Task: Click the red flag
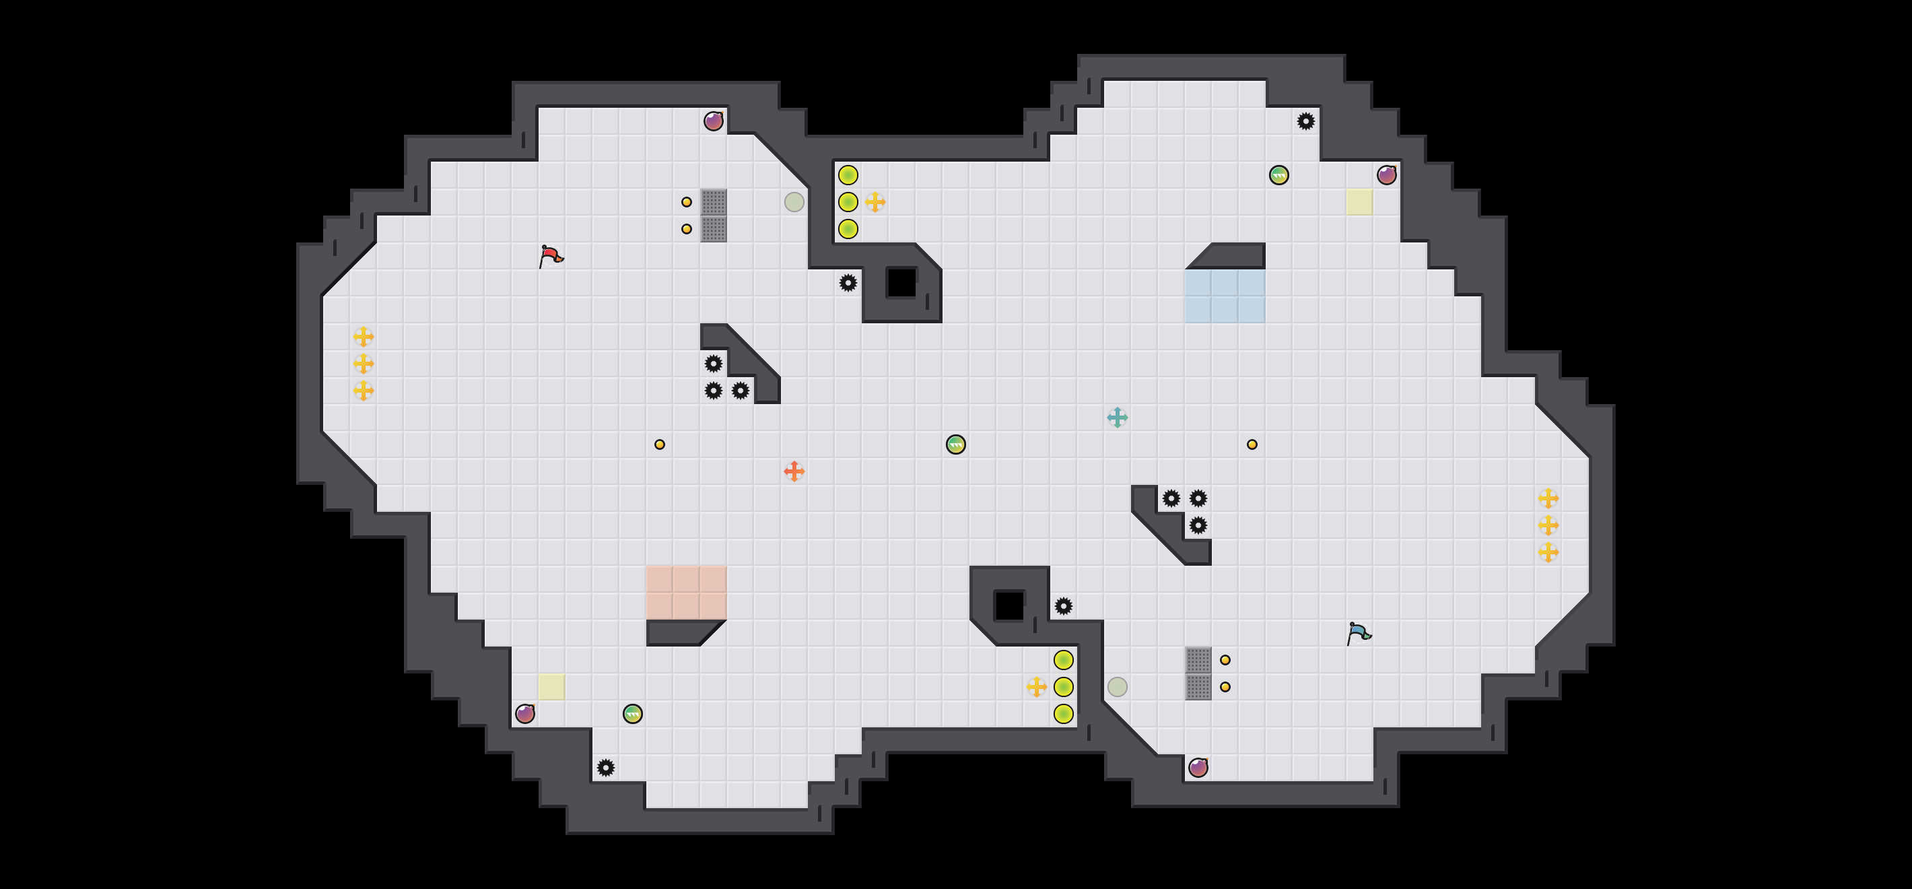coord(550,256)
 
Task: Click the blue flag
coord(1359,633)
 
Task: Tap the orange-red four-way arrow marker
coord(794,471)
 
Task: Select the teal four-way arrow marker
coord(1117,418)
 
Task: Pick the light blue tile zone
coord(1225,296)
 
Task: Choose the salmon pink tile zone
coord(686,592)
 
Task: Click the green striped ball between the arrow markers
coord(956,444)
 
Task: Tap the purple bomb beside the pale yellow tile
coord(524,714)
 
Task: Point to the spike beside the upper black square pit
coord(848,282)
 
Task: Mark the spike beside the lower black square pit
coord(1064,606)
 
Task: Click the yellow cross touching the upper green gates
coord(875,202)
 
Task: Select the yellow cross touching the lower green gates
coord(1036,687)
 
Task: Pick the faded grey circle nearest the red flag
coord(794,202)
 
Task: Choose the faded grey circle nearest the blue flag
coord(1117,687)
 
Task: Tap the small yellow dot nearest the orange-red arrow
coord(659,444)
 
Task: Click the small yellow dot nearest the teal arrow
coord(1252,444)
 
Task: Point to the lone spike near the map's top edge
coord(1305,121)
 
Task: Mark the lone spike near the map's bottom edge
coord(606,767)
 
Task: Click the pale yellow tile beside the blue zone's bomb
coord(1359,202)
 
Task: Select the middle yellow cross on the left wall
coord(363,363)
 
